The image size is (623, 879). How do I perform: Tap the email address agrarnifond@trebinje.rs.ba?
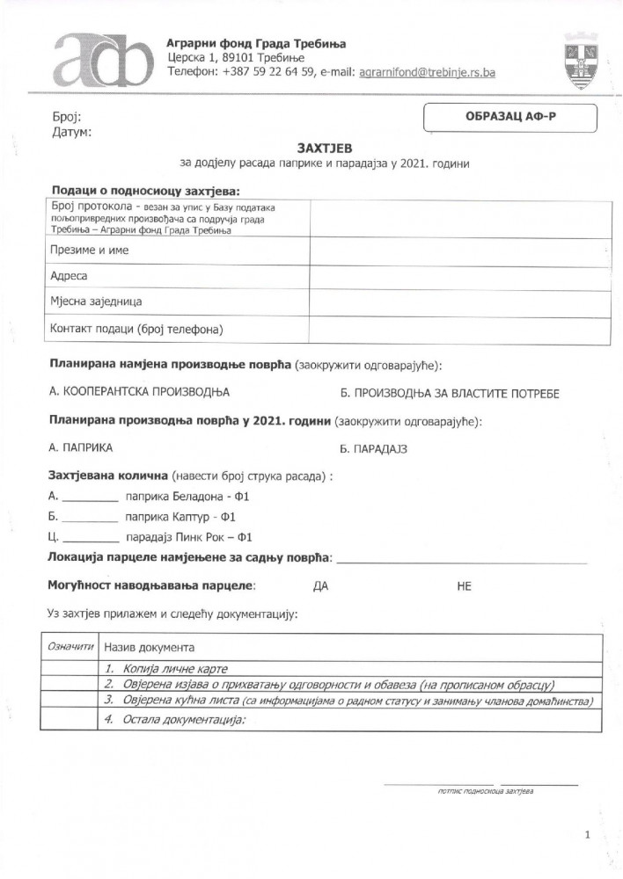pos(427,73)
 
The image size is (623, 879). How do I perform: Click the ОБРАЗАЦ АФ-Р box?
pos(510,117)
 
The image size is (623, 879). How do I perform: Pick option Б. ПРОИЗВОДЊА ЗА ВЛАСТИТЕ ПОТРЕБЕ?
pos(449,393)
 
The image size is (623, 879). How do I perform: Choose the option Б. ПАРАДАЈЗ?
pos(374,448)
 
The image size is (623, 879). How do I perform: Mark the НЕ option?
pos(465,585)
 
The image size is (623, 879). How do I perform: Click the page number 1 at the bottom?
pos(586,834)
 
